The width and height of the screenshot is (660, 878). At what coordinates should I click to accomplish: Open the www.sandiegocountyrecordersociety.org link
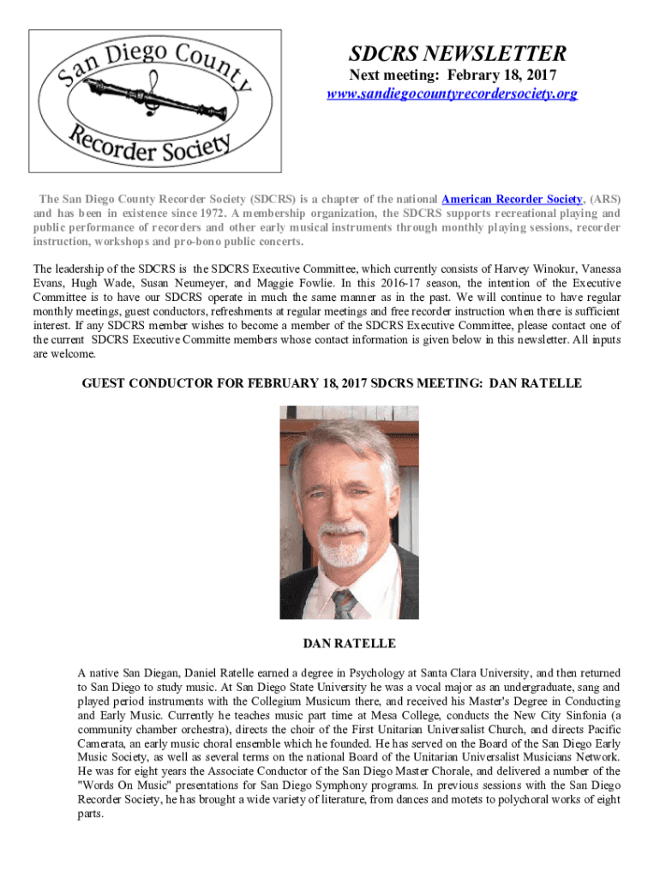click(452, 93)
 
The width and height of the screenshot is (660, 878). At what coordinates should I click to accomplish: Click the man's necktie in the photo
click(345, 604)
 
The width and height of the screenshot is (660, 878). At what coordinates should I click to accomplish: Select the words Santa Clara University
click(437, 673)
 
